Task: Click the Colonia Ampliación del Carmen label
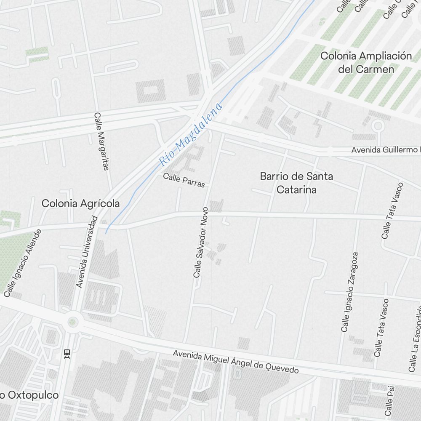click(x=366, y=62)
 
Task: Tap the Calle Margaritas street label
click(x=101, y=141)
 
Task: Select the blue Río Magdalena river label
click(x=191, y=134)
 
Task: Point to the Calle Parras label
click(x=184, y=181)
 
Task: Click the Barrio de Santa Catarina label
click(x=296, y=183)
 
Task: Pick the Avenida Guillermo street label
click(x=386, y=150)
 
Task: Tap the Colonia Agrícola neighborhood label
click(x=80, y=204)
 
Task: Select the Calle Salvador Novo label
click(x=200, y=242)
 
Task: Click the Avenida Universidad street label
click(x=87, y=252)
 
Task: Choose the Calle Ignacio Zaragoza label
click(x=350, y=292)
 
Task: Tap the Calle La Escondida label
click(x=415, y=337)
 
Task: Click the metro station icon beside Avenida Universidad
click(x=67, y=353)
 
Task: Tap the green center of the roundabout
click(x=72, y=322)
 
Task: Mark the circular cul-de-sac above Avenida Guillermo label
click(x=378, y=125)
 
